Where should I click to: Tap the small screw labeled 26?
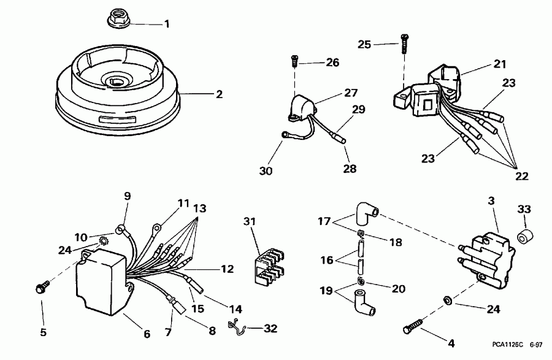coord(295,61)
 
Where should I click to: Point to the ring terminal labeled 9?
coord(123,231)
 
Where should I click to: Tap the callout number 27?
coord(350,93)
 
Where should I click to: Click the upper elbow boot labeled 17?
coord(367,213)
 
